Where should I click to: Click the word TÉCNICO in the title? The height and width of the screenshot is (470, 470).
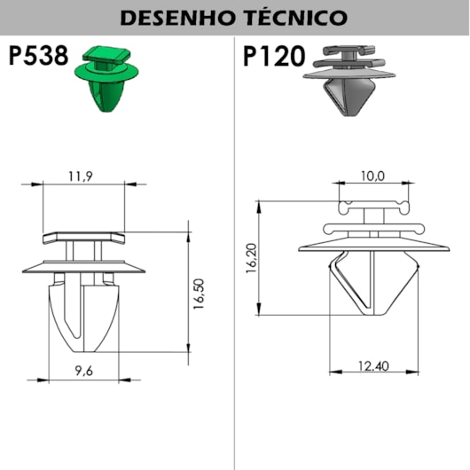[296, 17]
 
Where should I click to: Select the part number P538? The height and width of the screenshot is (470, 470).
[38, 56]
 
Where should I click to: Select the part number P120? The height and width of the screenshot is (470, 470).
[274, 56]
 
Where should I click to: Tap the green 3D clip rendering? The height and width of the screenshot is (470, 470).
[106, 79]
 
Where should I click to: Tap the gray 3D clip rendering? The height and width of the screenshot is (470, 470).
[349, 81]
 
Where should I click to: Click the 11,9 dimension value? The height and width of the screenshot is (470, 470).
[81, 176]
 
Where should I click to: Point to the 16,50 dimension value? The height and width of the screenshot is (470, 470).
[199, 294]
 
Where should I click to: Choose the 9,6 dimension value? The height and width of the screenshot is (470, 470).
[84, 371]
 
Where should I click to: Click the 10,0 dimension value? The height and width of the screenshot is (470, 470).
[372, 176]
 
